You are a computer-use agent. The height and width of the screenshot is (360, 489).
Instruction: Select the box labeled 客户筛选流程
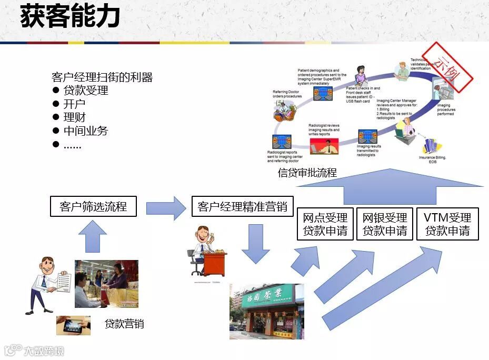point(93,206)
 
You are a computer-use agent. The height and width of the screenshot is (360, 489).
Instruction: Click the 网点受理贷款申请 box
point(325,224)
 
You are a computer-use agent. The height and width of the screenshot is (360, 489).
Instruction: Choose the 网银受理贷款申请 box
point(385,224)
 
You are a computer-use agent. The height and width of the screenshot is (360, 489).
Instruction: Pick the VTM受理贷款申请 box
point(447,224)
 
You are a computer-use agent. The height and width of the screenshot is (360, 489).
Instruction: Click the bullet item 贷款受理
point(86,91)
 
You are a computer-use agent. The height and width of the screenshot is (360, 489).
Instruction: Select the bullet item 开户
point(74,104)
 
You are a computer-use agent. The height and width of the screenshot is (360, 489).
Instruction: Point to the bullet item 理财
point(74,117)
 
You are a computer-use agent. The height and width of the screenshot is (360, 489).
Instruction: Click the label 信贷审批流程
point(307,173)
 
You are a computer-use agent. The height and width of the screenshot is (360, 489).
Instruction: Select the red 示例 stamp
point(449,72)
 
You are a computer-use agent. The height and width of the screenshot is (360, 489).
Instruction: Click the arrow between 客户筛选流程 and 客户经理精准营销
point(165,207)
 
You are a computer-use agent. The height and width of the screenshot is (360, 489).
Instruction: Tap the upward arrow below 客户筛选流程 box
point(93,234)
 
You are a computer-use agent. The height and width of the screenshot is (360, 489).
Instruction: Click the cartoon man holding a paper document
point(46,282)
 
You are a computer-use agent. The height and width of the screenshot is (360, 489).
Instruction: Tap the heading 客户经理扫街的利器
point(102,77)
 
